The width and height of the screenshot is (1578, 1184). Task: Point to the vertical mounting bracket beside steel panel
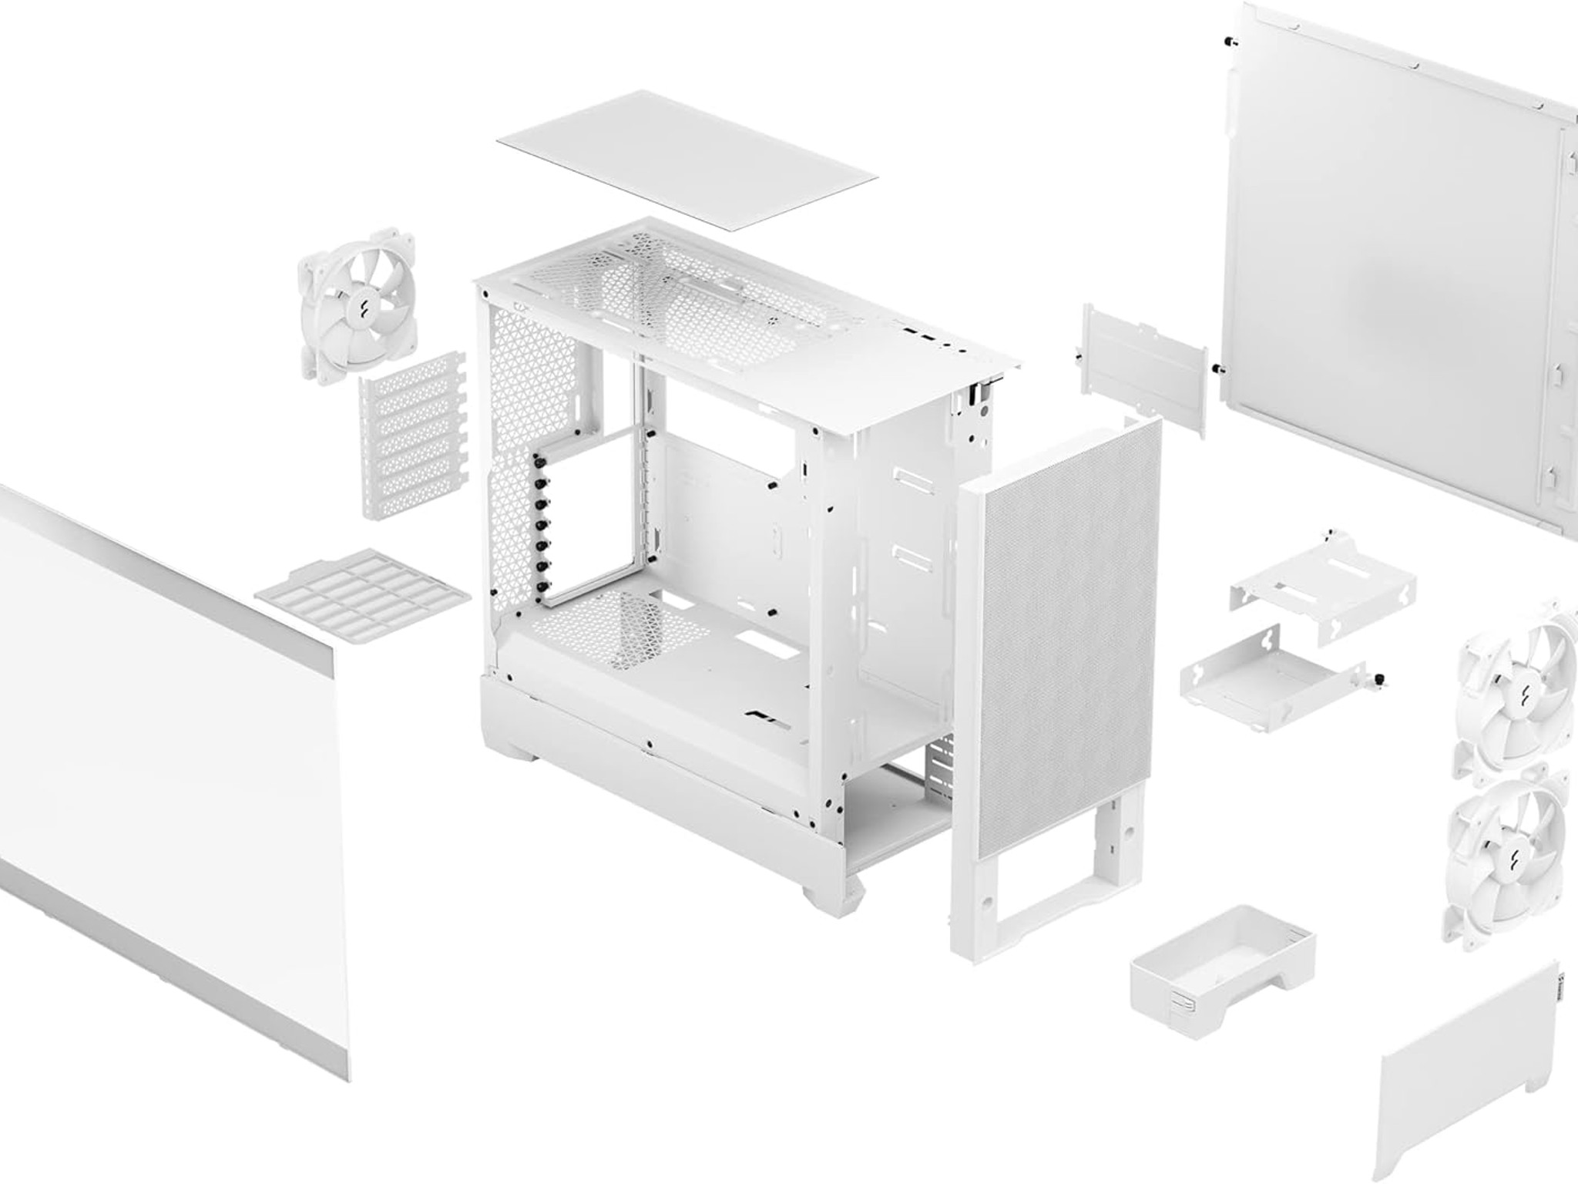point(1144,370)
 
